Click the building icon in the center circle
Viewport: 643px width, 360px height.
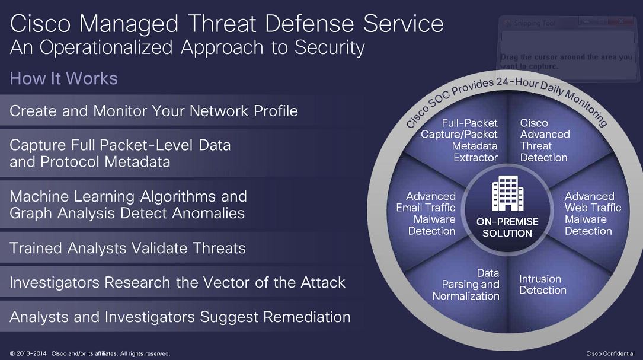point(508,193)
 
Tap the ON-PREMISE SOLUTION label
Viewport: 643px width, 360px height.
point(507,227)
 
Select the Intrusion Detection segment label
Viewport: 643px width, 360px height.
point(542,285)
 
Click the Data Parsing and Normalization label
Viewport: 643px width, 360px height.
point(466,285)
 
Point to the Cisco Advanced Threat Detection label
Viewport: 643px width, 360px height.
point(545,140)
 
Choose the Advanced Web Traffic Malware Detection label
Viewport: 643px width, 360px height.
point(593,214)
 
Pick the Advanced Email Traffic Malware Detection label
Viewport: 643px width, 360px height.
point(426,214)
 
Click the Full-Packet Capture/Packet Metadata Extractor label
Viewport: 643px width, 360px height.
point(459,140)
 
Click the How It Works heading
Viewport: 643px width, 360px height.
point(63,78)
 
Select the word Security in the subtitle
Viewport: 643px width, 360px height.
point(330,47)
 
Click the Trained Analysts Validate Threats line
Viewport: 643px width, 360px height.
point(127,248)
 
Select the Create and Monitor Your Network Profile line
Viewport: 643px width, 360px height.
point(153,111)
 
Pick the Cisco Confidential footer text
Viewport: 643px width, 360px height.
point(610,353)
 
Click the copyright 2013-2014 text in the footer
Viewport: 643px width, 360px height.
point(28,353)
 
